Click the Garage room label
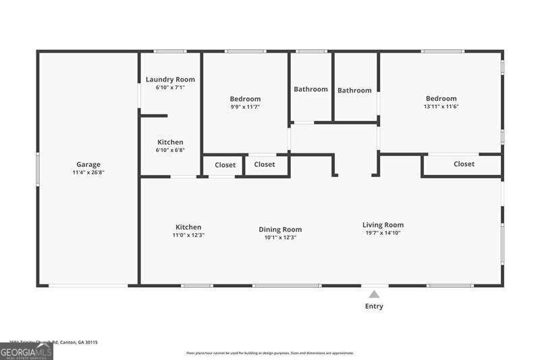pyautogui.click(x=88, y=164)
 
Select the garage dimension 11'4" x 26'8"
pyautogui.click(x=88, y=172)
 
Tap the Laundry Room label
pyautogui.click(x=170, y=80)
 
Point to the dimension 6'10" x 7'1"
pyautogui.click(x=170, y=87)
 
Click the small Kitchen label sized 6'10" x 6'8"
pyautogui.click(x=170, y=143)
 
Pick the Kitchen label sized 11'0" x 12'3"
pyautogui.click(x=188, y=228)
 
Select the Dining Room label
pyautogui.click(x=280, y=230)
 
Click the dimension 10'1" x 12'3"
pyautogui.click(x=280, y=237)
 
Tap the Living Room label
pyautogui.click(x=383, y=225)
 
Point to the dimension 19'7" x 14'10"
pyautogui.click(x=383, y=233)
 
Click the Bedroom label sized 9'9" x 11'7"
pyautogui.click(x=245, y=99)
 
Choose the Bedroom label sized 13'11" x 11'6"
pyautogui.click(x=441, y=99)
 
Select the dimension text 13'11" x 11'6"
pyautogui.click(x=441, y=106)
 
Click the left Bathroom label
pyautogui.click(x=310, y=89)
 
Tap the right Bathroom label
pyautogui.click(x=354, y=91)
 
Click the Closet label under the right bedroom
pyautogui.click(x=464, y=164)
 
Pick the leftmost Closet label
pyautogui.click(x=225, y=165)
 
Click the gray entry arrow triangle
pyautogui.click(x=374, y=294)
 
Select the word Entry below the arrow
pyautogui.click(x=374, y=306)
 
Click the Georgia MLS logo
pyautogui.click(x=26, y=351)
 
